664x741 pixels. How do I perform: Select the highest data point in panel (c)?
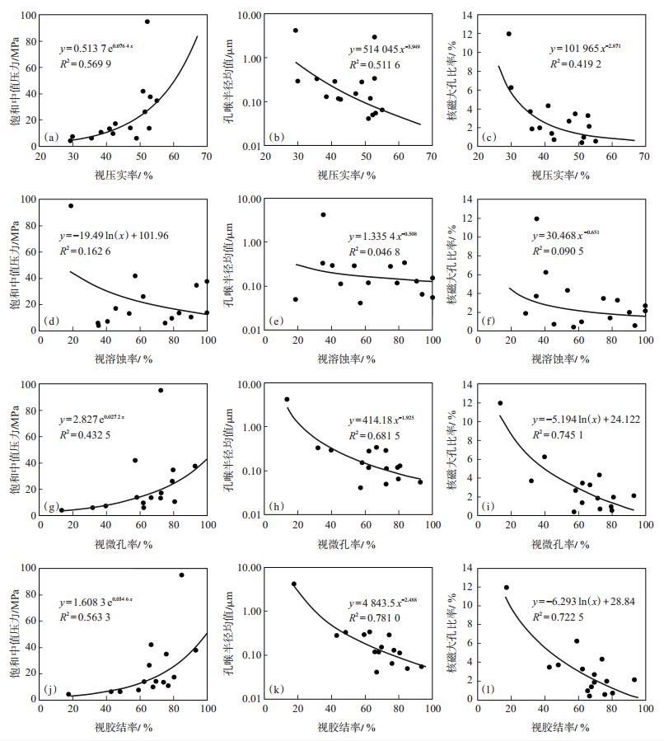click(509, 34)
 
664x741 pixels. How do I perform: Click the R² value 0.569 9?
click(93, 63)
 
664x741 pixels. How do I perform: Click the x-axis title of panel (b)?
click(347, 175)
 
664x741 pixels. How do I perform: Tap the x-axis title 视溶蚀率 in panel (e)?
click(347, 359)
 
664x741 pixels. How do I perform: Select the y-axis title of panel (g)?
click(13, 448)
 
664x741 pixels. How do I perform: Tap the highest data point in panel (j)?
click(181, 575)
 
